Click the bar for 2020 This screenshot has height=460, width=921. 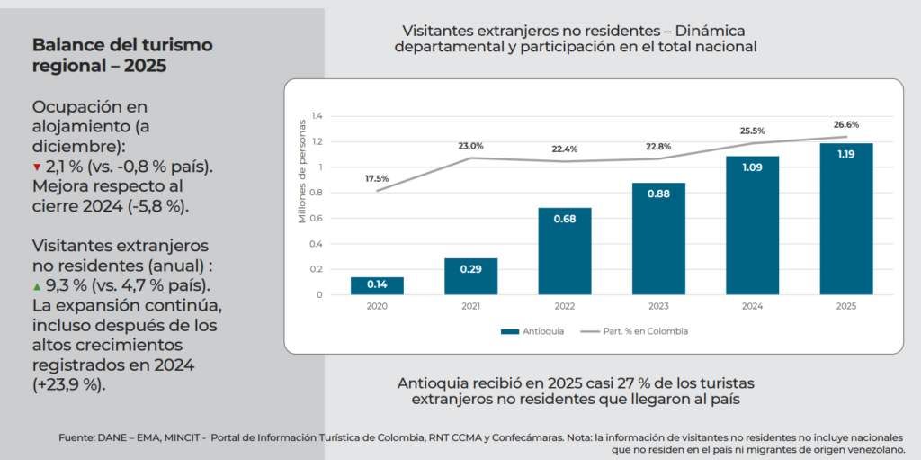[377, 285]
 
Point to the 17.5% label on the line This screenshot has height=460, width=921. [377, 178]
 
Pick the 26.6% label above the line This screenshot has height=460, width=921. [846, 125]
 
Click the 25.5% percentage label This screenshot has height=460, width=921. [752, 130]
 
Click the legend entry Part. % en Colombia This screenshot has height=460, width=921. [635, 331]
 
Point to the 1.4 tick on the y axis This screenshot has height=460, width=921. [316, 116]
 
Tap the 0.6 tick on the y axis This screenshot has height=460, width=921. [316, 218]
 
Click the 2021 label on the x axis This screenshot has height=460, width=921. [470, 306]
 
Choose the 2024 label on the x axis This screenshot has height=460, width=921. [752, 306]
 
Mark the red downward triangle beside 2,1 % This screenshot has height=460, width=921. [37, 167]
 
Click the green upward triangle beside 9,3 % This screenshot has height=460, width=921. [37, 286]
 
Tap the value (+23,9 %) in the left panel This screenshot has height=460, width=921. [69, 385]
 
